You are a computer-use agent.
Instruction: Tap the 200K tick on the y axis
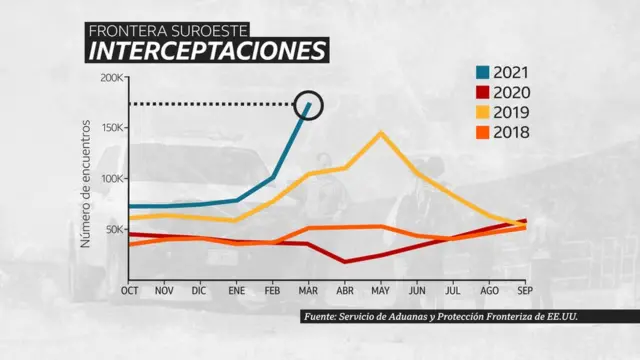111,78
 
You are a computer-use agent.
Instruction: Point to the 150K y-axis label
111,128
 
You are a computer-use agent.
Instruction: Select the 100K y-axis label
111,179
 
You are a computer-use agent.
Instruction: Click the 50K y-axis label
114,229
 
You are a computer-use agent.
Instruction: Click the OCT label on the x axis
130,290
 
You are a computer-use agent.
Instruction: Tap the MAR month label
308,290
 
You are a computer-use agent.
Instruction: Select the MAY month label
380,290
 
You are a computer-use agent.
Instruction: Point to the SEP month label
523,290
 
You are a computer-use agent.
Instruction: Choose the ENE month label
237,290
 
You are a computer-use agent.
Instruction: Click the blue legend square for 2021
483,73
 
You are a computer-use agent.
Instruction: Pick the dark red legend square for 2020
483,93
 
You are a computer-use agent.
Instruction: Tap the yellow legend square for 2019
483,113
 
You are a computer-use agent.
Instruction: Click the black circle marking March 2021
309,103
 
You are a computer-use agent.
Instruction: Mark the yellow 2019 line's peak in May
380,132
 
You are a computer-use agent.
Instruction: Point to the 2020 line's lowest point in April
344,262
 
